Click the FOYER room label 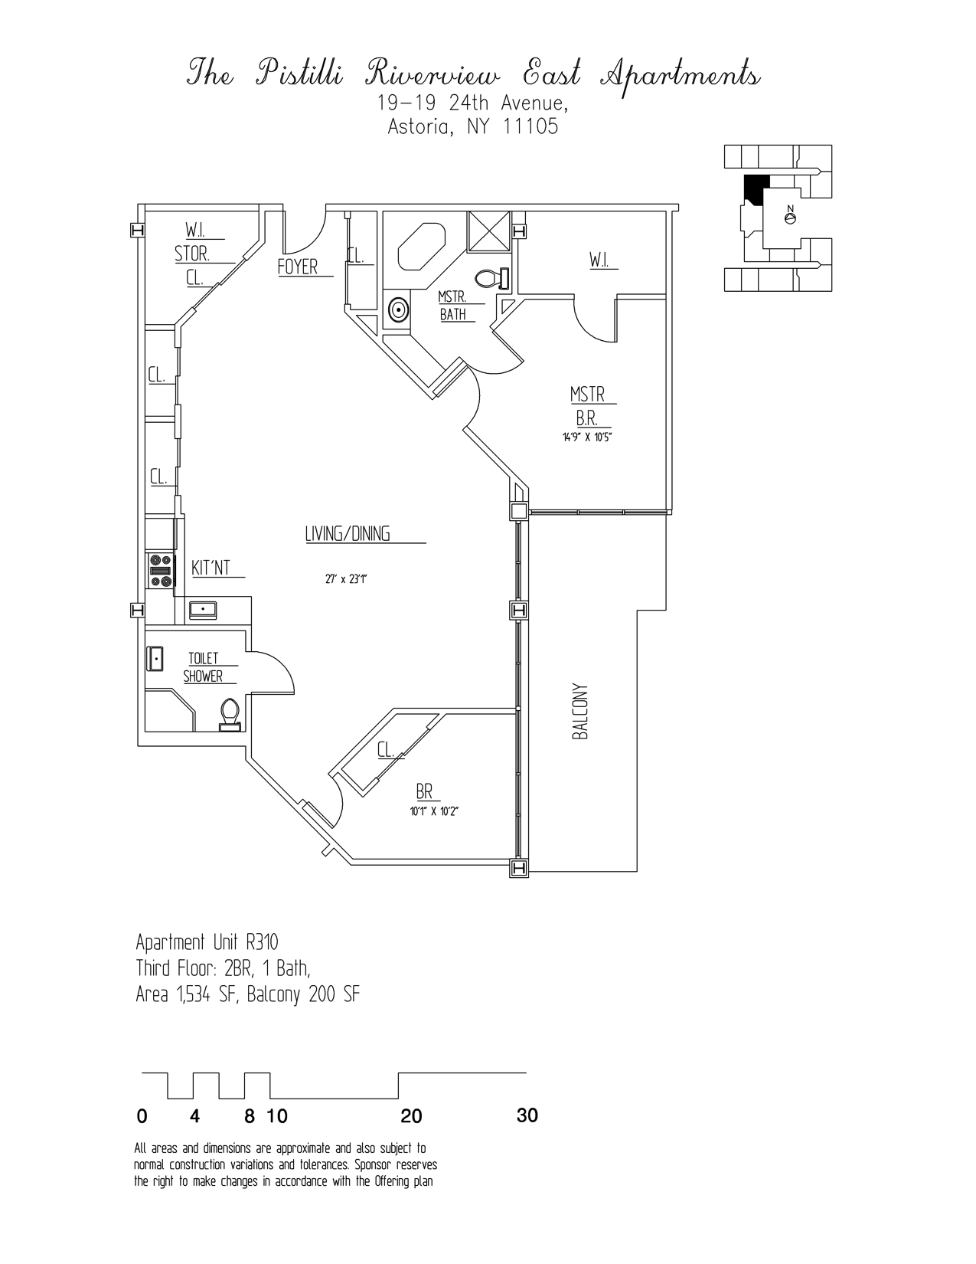297,267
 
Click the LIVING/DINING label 348,534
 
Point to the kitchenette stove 160,571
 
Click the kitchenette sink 202,610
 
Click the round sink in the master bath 398,310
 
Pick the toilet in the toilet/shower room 230,712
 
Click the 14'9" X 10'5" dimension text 588,439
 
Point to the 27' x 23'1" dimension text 346,580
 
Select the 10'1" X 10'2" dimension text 434,811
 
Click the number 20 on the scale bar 411,1116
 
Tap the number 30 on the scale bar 527,1115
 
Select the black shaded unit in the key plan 756,188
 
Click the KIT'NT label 211,568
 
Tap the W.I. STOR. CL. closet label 194,254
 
